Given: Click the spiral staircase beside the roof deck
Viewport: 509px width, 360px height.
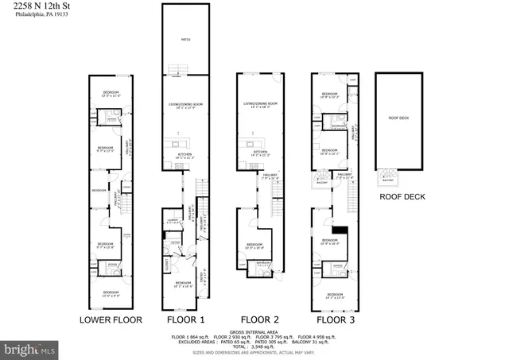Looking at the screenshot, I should (x=388, y=176).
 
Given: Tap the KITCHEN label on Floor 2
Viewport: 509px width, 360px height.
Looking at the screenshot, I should (x=260, y=151).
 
